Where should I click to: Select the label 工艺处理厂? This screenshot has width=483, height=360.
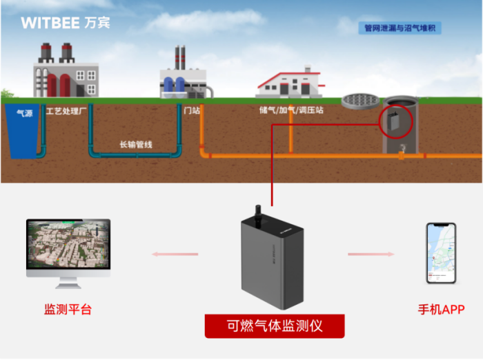[65, 110]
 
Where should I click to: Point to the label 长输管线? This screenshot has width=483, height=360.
[135, 145]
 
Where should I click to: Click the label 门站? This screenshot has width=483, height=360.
[192, 110]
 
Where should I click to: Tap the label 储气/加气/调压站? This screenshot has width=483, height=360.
[290, 110]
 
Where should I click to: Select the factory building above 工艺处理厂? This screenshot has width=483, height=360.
[65, 72]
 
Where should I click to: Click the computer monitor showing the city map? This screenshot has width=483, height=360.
[68, 249]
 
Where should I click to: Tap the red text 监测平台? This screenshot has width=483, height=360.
[68, 310]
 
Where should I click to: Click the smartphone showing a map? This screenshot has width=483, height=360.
[440, 252]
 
